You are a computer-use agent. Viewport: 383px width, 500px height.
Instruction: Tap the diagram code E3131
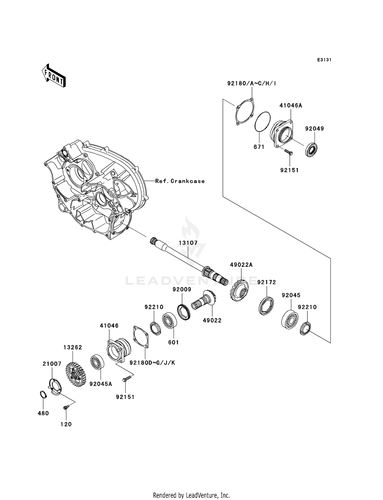[x=324, y=60]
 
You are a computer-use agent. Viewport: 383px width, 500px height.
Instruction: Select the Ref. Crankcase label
[x=180, y=181]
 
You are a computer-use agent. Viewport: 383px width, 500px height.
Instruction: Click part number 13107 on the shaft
[x=188, y=243]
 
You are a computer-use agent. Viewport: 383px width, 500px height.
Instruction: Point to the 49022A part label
[x=241, y=265]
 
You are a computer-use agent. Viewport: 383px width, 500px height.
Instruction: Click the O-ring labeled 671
[x=262, y=122]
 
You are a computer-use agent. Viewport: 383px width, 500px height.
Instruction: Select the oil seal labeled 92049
[x=312, y=150]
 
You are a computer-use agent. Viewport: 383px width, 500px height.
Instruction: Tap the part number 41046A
[x=291, y=106]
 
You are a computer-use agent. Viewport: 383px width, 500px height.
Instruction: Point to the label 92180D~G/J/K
[x=152, y=363]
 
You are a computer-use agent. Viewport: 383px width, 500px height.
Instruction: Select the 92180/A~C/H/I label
[x=252, y=83]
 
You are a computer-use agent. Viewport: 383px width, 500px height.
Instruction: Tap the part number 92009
[x=182, y=290]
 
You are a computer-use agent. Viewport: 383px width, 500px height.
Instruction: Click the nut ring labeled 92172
[x=266, y=306]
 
